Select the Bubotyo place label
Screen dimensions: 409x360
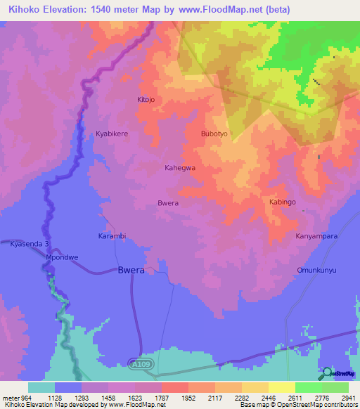tap(216, 133)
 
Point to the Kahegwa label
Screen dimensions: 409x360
tap(179, 168)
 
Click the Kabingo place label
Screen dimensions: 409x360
tap(283, 202)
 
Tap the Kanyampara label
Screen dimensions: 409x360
tap(316, 236)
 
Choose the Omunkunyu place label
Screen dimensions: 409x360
tap(317, 270)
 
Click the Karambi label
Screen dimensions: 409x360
tap(111, 236)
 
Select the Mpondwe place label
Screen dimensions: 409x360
tap(61, 258)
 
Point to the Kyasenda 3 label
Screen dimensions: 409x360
tap(30, 244)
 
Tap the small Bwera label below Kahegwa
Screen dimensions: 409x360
tap(167, 203)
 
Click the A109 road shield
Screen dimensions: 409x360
tap(139, 363)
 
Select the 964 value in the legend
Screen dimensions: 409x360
tap(19, 396)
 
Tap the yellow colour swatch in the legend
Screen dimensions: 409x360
tap(282, 387)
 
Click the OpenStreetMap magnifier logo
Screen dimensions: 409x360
tap(326, 373)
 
